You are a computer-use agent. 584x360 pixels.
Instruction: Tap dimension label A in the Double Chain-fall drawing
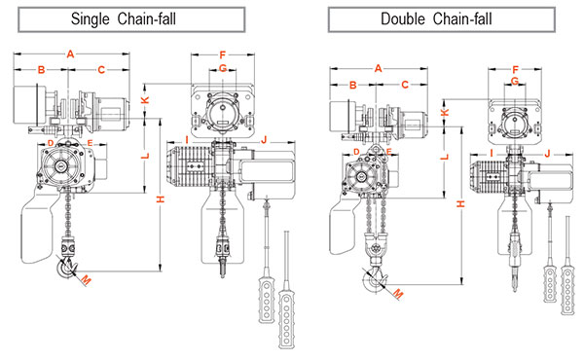pos(378,68)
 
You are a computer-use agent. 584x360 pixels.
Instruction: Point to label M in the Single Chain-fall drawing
pos(85,280)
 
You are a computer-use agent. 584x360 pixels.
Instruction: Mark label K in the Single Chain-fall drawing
pos(145,100)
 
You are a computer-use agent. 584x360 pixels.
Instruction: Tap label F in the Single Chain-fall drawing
pos(223,54)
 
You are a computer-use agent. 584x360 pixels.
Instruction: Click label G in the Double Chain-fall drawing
pos(513,82)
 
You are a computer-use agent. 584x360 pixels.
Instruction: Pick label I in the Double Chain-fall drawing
pos(493,153)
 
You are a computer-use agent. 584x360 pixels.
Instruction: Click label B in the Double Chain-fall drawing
pos(352,85)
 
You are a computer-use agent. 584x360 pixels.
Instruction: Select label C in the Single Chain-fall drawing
pos(100,70)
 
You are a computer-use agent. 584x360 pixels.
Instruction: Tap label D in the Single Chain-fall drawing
pos(50,144)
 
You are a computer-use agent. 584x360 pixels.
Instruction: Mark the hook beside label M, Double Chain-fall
pos(374,281)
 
